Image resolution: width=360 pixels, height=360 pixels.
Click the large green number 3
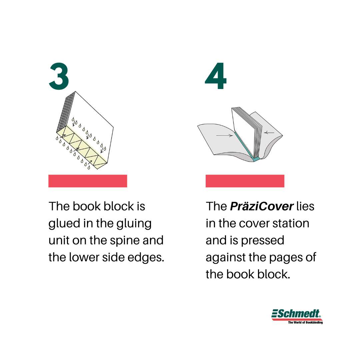pos(59,76)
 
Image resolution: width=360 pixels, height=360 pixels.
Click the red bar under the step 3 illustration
pos(88,181)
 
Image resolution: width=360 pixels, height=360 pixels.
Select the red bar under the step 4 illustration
pos(245,181)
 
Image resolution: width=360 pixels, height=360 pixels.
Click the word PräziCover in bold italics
pos(262,206)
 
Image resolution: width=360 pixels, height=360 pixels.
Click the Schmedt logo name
pos(297,314)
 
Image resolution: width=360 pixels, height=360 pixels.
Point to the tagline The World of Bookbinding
pos(305,322)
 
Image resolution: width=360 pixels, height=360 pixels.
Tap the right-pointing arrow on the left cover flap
pos(225,135)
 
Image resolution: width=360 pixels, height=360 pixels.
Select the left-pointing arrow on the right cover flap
pos(269,132)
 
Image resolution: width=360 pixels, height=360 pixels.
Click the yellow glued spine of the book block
pos(82,147)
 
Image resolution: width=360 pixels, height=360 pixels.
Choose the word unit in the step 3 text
pos(59,241)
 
